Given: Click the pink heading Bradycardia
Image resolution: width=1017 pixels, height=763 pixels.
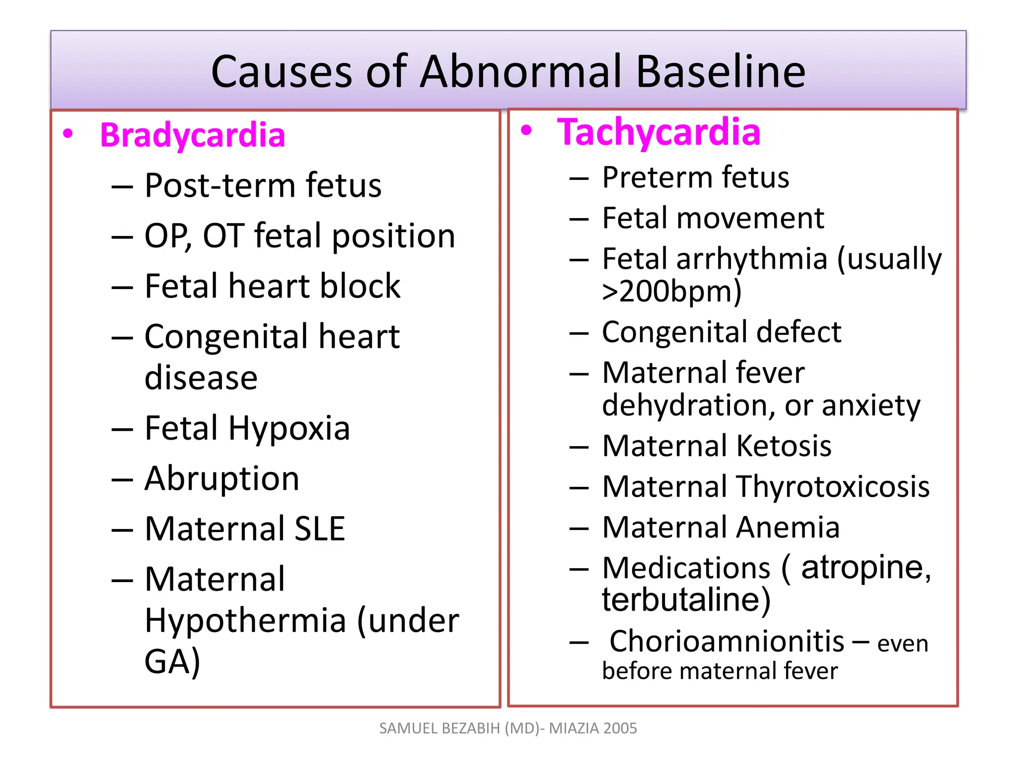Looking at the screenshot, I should pos(193,135).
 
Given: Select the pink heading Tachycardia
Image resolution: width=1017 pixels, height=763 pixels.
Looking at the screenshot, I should pos(658,132).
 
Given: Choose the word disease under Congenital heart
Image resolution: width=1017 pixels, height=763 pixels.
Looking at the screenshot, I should pos(201,378).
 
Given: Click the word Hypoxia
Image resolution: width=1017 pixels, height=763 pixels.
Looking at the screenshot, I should pos(289,428).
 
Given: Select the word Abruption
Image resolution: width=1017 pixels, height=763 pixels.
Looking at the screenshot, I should pos(222,478).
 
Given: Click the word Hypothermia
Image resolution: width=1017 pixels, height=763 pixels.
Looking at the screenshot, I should pos(246,621).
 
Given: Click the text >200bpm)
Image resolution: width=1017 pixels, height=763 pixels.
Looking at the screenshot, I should pos(671,291).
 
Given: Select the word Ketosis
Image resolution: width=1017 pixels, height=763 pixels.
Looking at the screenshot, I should pos(784,446).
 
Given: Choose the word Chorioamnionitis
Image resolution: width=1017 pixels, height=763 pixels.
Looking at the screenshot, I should pos(726,641).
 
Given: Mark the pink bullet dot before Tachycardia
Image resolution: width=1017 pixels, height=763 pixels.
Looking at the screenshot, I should pos(526,131).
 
